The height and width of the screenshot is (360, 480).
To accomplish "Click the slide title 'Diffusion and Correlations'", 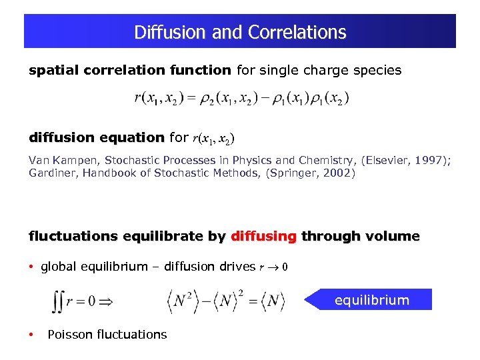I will pos(240,32).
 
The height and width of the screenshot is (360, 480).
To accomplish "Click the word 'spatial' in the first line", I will pos(49,70).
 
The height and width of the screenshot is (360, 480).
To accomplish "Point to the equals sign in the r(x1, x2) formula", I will pos(189,99).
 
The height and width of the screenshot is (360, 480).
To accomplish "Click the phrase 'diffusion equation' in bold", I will pos(96,138).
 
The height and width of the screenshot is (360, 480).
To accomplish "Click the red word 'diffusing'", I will pos(263,237).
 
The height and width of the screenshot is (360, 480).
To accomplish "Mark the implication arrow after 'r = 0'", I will pos(105,301).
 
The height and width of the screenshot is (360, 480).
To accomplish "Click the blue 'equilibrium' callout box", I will pos(371,300).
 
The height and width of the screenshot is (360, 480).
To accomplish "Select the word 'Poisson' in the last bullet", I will pos(71,334).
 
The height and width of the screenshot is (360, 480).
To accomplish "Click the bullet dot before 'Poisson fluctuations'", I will pos(31,334).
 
